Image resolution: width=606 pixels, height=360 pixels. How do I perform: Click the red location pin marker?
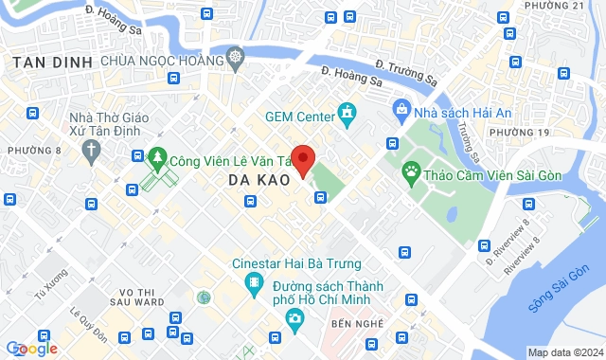[302, 159]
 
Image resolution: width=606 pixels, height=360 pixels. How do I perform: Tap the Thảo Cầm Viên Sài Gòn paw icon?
[411, 171]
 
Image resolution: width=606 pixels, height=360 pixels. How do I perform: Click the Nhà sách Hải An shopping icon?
[402, 110]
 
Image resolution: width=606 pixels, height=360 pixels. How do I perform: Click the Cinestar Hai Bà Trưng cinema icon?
[254, 281]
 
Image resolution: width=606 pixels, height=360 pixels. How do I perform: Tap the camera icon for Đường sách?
[295, 317]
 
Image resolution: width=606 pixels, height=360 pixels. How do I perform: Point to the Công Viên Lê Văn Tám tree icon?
[157, 158]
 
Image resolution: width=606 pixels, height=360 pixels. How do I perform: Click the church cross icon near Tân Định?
[91, 150]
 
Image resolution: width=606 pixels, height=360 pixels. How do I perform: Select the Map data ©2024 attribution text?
[563, 352]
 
